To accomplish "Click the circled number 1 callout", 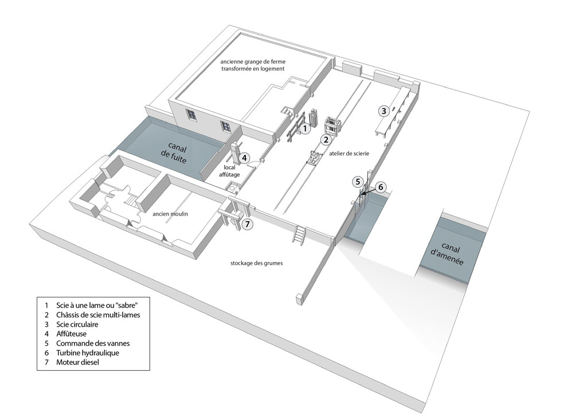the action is coord(305,129).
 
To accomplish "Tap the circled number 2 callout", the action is coord(326,140).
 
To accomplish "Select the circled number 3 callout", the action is coord(383,111).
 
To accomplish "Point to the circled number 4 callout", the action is coord(244,158).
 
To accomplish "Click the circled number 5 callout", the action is coord(358,182).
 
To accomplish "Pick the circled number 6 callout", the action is coord(381,187).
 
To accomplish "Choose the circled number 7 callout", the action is coord(246,224).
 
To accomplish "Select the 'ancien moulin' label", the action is coord(170,214).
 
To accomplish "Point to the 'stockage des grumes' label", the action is coord(256,263).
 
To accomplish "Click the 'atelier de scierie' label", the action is coord(349,154).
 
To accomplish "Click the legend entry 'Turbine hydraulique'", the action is coord(88,353).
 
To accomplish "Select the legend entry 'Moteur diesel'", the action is coord(77,362).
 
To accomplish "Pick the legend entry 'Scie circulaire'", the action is coord(77,324).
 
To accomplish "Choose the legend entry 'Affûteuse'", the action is coord(71,334).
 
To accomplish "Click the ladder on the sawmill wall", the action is coord(299,235).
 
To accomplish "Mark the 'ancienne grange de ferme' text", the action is coord(253,62).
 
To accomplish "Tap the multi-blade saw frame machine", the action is coord(332,125).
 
